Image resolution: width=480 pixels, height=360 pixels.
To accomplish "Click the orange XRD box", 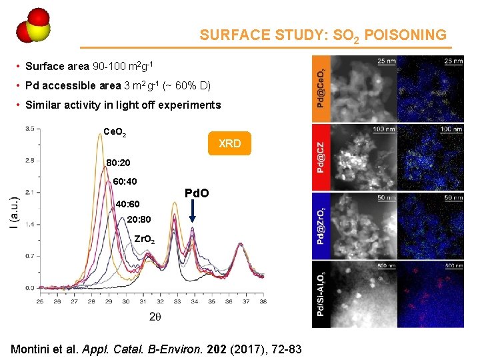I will tap(229, 143).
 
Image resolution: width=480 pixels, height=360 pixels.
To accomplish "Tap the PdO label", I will tap(196, 193).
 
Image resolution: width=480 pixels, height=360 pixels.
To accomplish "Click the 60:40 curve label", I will tap(126, 181).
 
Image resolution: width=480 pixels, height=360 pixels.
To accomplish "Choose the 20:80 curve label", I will tap(137, 219).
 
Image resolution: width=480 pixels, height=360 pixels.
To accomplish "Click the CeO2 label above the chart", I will tap(115, 131).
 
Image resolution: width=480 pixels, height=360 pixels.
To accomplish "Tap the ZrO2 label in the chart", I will tap(145, 239).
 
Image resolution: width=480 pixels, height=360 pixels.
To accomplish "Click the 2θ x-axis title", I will tap(155, 316).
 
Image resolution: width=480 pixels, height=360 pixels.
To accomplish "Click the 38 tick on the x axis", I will tap(263, 302).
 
